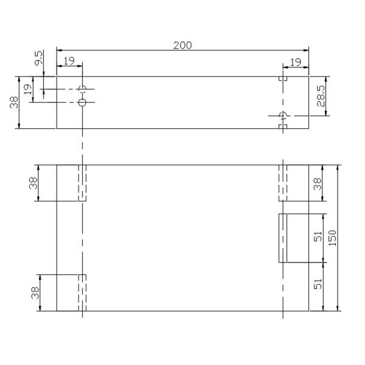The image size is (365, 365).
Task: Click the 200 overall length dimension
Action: point(182,46)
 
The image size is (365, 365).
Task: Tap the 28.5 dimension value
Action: point(321,96)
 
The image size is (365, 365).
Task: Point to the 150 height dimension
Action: point(332,238)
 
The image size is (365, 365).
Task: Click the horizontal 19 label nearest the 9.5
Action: point(69,61)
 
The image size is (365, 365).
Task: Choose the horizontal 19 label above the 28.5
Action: point(296,61)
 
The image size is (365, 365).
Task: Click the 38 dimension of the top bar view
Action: point(14,102)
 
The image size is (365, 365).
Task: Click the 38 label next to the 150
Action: point(317,183)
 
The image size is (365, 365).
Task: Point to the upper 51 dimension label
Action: point(317,238)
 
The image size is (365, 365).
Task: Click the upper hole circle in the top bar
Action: point(83,89)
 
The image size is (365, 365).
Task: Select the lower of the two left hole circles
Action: point(83,102)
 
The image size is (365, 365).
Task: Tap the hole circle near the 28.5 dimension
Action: point(282,116)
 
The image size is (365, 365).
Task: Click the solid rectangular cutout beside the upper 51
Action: point(283,238)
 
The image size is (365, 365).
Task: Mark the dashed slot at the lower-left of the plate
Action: point(83,293)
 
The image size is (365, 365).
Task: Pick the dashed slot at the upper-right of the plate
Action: point(283,183)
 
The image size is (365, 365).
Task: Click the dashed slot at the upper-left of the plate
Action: point(83,183)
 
